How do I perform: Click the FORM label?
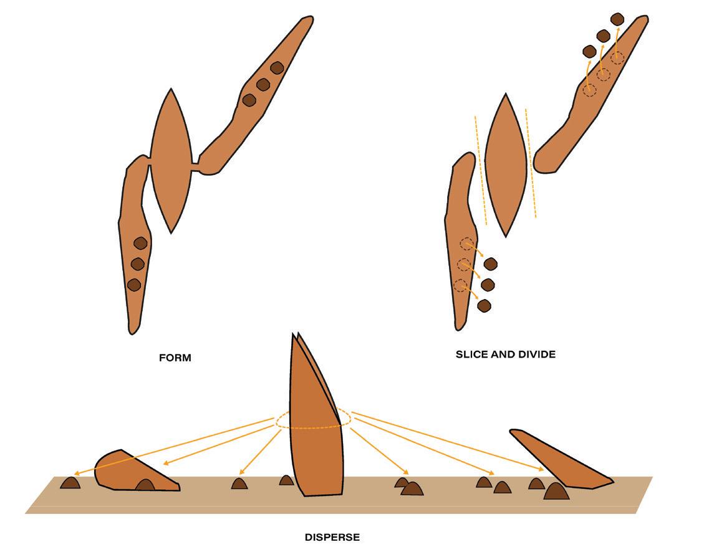click(x=175, y=358)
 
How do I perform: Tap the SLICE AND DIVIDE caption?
click(x=506, y=355)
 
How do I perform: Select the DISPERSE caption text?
click(x=332, y=537)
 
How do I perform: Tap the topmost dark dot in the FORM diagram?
click(x=277, y=68)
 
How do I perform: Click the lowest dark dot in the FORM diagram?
click(x=133, y=285)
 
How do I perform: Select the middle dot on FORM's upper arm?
click(x=263, y=84)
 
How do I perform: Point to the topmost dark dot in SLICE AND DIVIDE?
click(x=617, y=19)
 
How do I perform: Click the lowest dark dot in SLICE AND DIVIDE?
click(x=484, y=306)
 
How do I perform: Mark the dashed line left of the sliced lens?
click(x=481, y=168)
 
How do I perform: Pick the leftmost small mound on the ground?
click(x=70, y=482)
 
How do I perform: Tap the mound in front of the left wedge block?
click(x=145, y=485)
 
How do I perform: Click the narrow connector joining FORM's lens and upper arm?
click(x=195, y=166)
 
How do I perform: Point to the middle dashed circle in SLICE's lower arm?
click(x=463, y=265)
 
